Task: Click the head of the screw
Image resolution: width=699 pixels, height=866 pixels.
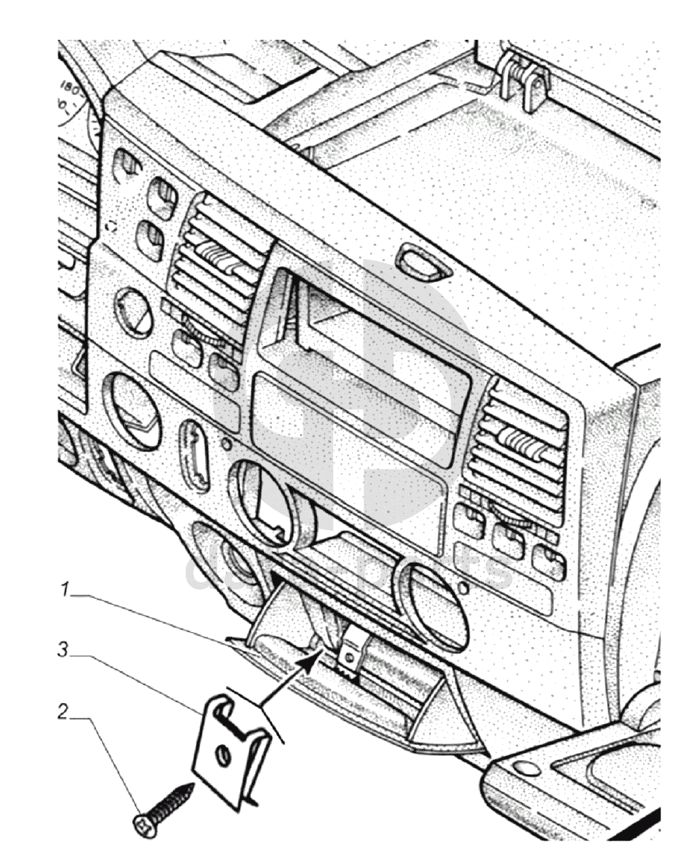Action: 147,824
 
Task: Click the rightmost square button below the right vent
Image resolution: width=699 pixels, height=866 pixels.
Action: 549,562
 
